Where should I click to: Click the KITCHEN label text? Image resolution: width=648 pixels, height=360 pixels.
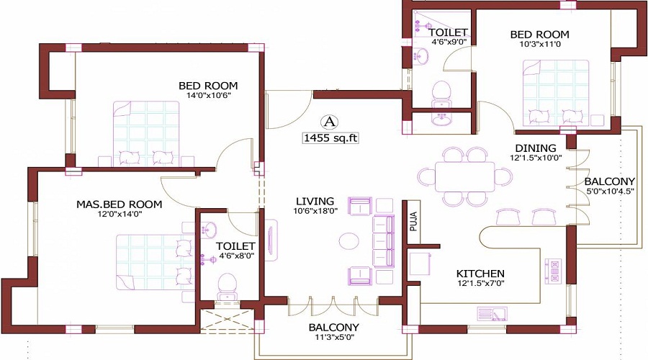480,274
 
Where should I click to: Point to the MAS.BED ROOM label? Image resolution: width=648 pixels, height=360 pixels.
119,204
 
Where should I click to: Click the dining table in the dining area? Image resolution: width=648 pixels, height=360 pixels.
464,176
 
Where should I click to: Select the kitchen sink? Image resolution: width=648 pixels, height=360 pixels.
492,314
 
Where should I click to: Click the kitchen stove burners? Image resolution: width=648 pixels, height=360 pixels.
555,271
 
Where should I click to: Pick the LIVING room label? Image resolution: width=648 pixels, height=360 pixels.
315,200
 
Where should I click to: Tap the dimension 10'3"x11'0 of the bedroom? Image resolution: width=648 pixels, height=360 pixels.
539,44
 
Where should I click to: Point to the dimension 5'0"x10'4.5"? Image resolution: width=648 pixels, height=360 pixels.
610,192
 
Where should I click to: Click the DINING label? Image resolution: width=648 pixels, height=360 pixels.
529,148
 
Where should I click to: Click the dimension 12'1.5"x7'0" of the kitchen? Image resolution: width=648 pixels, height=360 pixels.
480,284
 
